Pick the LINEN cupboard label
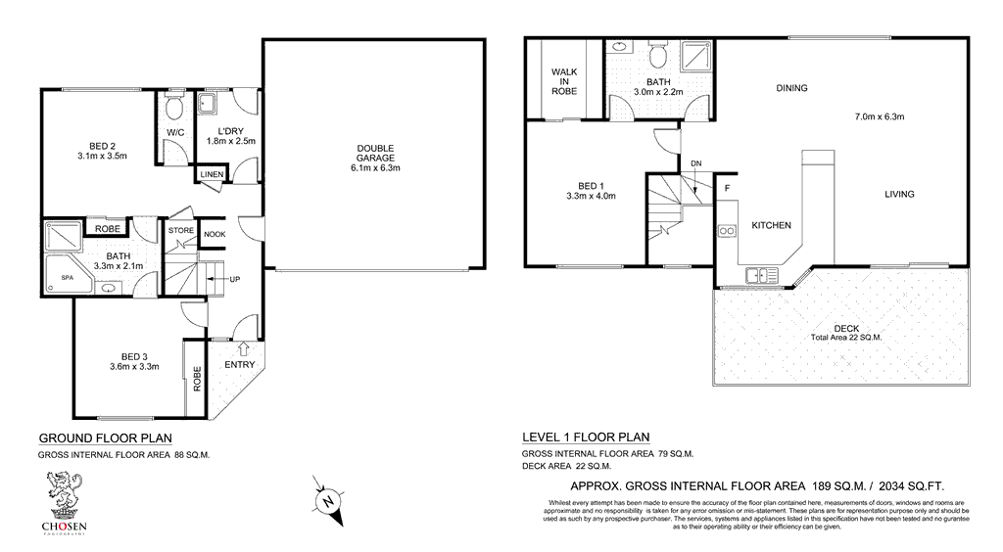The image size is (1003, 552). click(x=212, y=175)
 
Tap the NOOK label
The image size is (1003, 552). click(x=214, y=235)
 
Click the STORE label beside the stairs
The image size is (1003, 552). click(x=181, y=231)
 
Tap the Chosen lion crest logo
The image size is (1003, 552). click(x=63, y=493)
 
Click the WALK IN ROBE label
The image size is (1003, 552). click(x=563, y=81)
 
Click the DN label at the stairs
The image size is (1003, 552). click(x=695, y=162)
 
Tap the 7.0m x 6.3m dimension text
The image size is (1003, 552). click(x=879, y=116)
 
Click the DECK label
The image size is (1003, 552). click(x=845, y=328)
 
